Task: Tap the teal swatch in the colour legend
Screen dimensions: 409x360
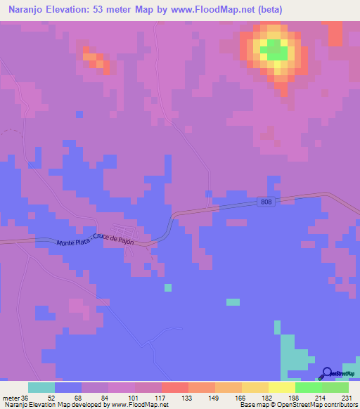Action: coord(41,387)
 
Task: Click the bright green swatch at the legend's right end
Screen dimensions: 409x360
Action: coord(335,387)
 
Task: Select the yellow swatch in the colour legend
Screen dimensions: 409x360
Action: coord(282,387)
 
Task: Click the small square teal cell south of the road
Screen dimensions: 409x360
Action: coord(167,287)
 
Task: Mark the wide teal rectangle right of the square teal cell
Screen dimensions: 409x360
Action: coord(233,302)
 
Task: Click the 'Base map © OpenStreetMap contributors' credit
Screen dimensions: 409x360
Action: coord(296,405)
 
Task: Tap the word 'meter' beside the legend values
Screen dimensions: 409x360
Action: coord(10,397)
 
